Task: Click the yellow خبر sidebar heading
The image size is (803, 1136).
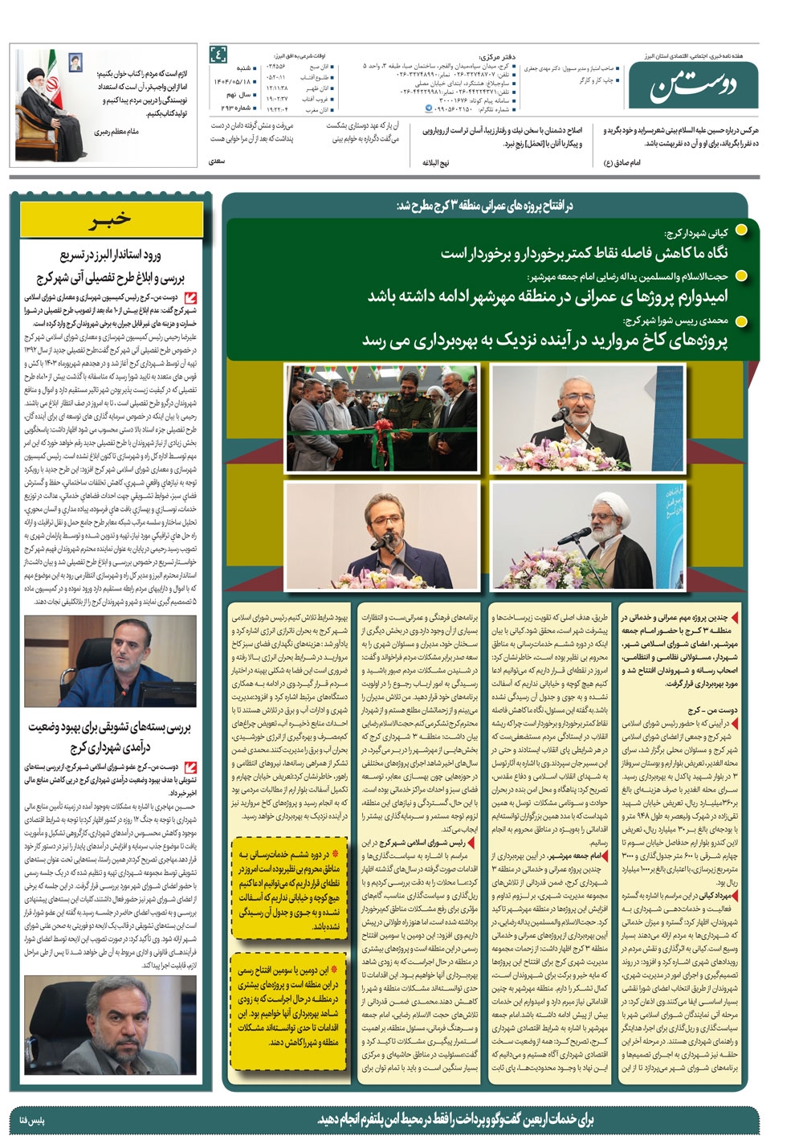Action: (111, 219)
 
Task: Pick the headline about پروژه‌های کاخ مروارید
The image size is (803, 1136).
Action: (545, 340)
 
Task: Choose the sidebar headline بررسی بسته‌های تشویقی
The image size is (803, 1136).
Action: (110, 736)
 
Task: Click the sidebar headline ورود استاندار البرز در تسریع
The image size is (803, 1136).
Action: (111, 266)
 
